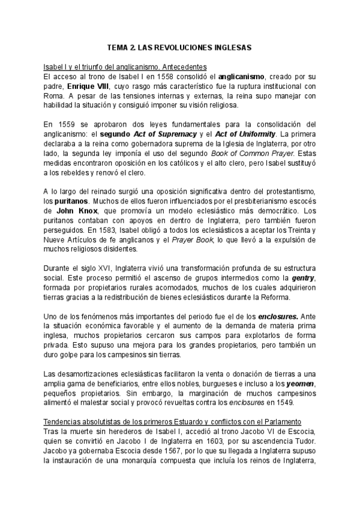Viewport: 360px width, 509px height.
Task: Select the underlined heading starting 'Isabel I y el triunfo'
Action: click(x=125, y=66)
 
